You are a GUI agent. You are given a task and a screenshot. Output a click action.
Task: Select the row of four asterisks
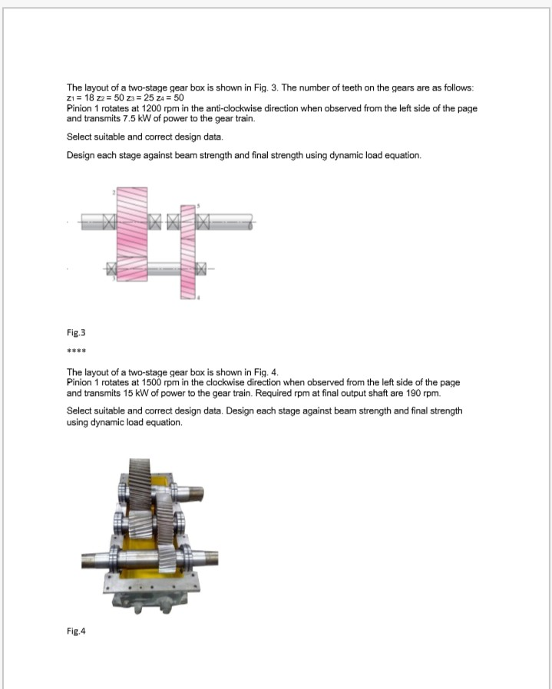[x=75, y=354]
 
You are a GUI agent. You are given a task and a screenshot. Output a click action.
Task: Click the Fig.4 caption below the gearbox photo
[x=76, y=631]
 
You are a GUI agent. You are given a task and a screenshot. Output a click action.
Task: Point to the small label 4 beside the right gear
[x=199, y=298]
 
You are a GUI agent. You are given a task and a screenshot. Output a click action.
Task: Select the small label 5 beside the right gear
[x=199, y=206]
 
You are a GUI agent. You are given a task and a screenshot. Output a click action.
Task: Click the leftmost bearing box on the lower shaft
[x=111, y=269]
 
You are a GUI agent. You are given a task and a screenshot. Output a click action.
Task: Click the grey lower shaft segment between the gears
[x=163, y=269]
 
